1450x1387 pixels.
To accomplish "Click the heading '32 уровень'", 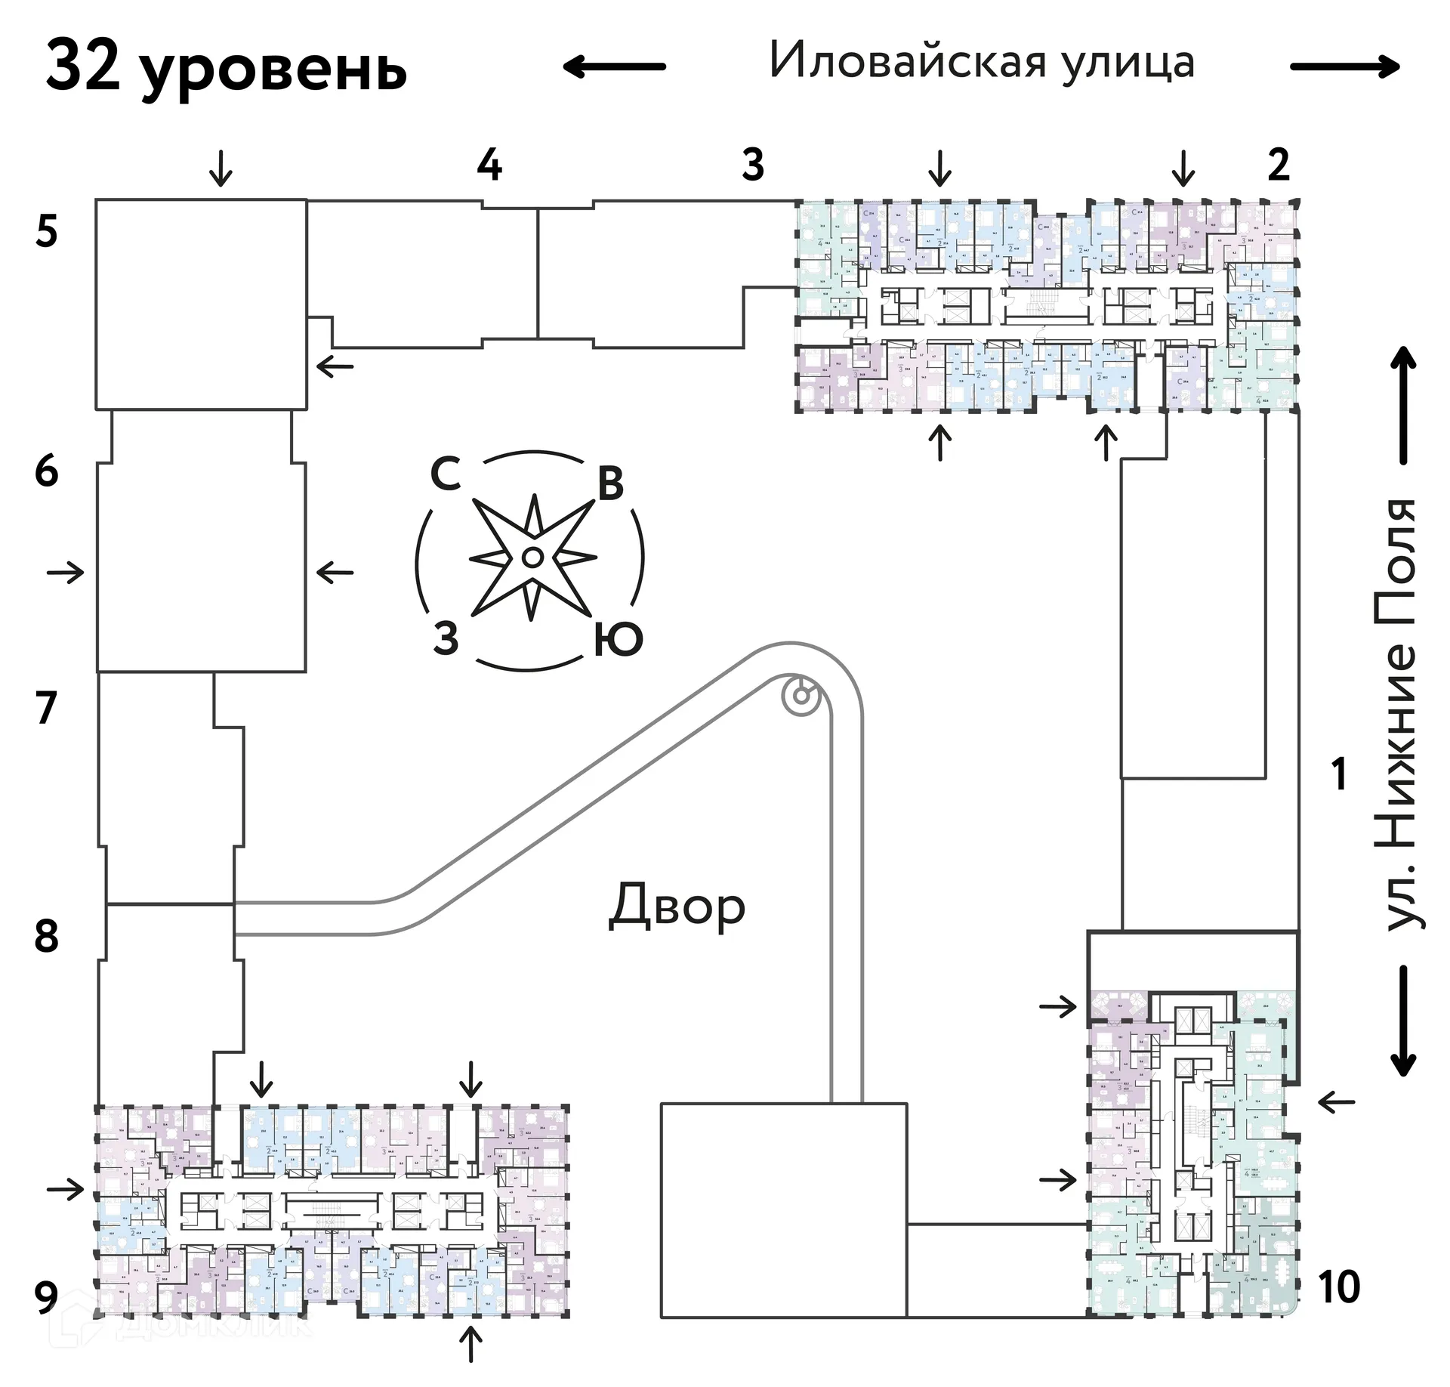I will tap(227, 68).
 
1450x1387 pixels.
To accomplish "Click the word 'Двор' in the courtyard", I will tap(677, 906).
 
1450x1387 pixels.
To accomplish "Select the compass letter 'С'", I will tap(446, 475).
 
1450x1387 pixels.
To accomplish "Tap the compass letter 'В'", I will tap(610, 483).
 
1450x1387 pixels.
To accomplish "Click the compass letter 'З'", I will tap(446, 638).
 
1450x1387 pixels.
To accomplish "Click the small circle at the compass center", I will tap(532, 558).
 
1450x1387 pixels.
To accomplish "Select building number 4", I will tap(489, 165).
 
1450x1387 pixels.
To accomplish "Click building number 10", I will tap(1339, 1287).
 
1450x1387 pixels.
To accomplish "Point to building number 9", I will tap(47, 1297).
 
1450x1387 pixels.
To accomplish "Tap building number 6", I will tap(47, 471).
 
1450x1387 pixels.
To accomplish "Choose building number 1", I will tap(1340, 774).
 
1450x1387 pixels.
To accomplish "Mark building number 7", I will tap(47, 708).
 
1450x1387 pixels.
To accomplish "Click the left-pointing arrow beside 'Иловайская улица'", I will tap(614, 66).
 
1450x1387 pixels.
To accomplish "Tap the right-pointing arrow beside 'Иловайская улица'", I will tap(1345, 67).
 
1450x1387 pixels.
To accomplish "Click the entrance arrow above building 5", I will tap(221, 168).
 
